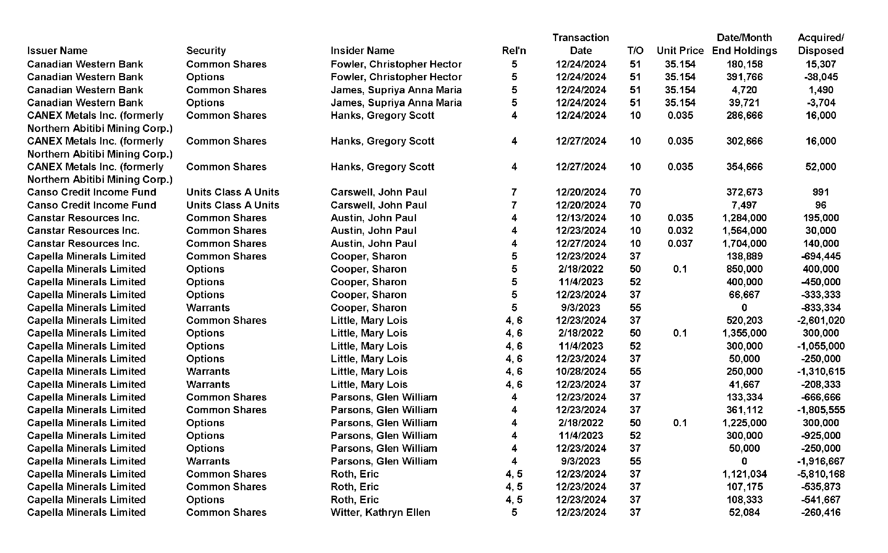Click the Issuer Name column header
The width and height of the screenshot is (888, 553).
[x=57, y=51]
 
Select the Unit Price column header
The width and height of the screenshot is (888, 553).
[x=680, y=51]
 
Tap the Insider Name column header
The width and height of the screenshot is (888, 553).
[x=362, y=51]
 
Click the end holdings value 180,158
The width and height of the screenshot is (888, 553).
[x=744, y=64]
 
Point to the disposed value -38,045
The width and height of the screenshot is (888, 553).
[x=821, y=77]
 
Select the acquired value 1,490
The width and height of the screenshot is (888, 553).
[x=821, y=90]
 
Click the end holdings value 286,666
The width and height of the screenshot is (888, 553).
[x=744, y=115]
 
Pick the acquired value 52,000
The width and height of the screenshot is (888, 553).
[x=821, y=167]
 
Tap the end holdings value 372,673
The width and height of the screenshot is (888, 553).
[x=744, y=192]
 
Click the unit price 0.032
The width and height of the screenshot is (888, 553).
[x=680, y=231]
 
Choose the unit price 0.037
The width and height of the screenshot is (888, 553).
[x=680, y=243]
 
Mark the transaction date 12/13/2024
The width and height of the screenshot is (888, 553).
[x=581, y=218]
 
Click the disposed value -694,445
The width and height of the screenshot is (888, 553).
[x=821, y=256]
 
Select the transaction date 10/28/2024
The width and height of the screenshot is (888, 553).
[x=581, y=372]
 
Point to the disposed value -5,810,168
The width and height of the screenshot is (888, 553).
[x=821, y=474]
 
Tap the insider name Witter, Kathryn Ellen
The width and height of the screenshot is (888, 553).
[x=380, y=512]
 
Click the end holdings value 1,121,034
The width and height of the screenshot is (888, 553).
[x=744, y=474]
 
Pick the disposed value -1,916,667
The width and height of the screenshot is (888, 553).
[x=821, y=461]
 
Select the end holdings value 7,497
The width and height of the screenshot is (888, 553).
[x=744, y=205]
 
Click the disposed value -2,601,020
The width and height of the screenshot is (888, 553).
[x=821, y=320]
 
